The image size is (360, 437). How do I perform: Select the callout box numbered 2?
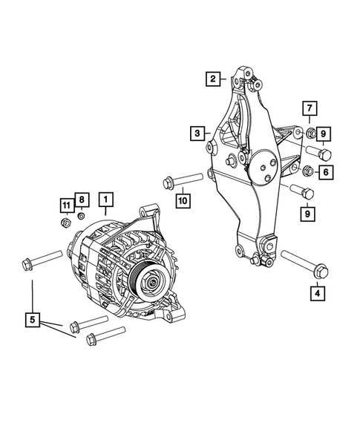pyautogui.click(x=213, y=78)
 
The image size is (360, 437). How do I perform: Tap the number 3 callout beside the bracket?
pyautogui.click(x=196, y=134)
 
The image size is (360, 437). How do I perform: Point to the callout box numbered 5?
pyautogui.click(x=31, y=320)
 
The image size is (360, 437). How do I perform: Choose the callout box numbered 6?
pyautogui.click(x=325, y=172)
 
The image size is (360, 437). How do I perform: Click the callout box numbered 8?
pyautogui.click(x=81, y=200)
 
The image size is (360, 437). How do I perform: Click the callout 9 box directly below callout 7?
pyautogui.click(x=325, y=134)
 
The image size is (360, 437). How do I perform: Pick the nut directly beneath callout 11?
pyautogui.click(x=65, y=220)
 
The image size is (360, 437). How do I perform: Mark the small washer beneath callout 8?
pyautogui.click(x=80, y=217)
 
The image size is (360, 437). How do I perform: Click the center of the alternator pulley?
pyautogui.click(x=150, y=280)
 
